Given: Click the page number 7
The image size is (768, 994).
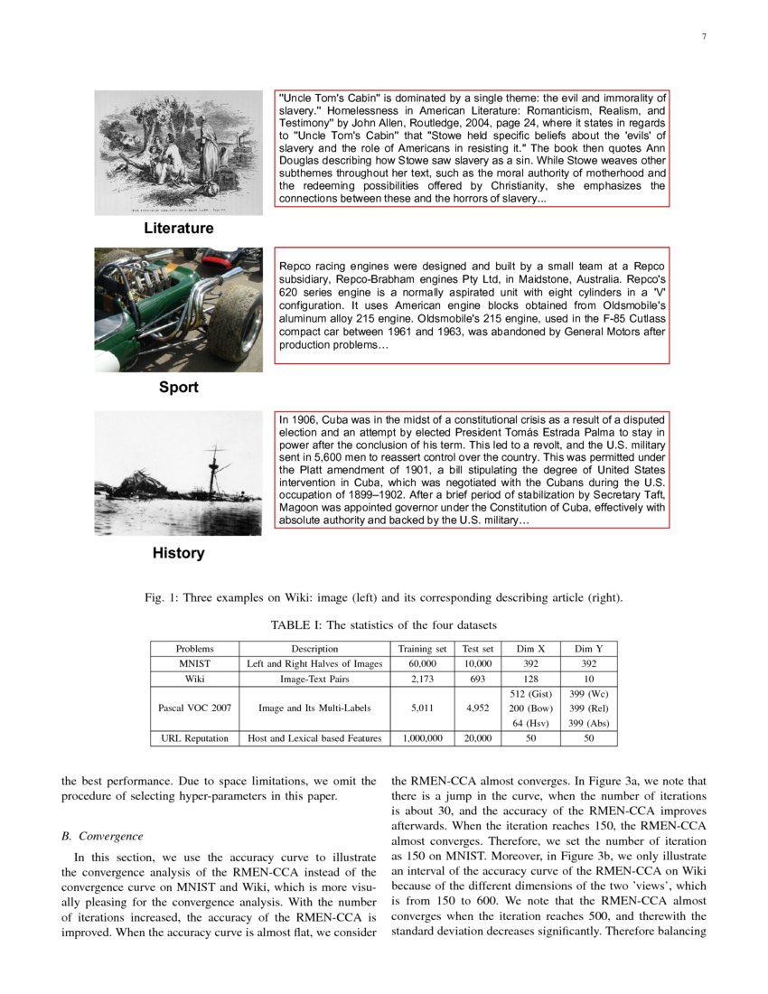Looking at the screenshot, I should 704,36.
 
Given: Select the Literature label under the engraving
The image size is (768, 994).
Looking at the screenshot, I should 179,229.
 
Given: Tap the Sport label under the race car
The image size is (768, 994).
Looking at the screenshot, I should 179,388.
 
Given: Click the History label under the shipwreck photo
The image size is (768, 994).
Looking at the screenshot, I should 179,553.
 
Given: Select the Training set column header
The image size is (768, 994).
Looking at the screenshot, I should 422,648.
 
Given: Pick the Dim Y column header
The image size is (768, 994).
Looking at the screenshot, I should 589,648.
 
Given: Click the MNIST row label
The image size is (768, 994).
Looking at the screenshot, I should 194,663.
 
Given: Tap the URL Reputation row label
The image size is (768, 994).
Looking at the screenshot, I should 194,738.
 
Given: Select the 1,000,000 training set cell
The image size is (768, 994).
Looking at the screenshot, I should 422,738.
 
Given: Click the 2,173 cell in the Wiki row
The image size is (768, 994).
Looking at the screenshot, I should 422,678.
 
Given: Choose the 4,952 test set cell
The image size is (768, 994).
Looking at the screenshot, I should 477,708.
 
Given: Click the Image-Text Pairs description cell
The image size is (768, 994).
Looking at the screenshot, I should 314,678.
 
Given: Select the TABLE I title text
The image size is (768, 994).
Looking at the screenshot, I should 384,625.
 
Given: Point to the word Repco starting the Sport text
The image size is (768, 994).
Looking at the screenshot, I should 296,267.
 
